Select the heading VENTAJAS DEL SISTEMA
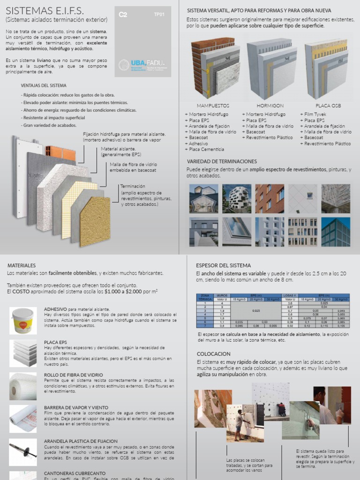(x=44, y=85)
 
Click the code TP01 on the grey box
(x=159, y=15)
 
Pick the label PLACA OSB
(x=328, y=106)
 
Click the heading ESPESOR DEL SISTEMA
(x=223, y=265)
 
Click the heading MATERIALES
(x=22, y=265)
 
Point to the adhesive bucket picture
(x=23, y=321)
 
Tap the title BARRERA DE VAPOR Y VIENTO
(x=76, y=407)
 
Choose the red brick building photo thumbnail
(x=270, y=199)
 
